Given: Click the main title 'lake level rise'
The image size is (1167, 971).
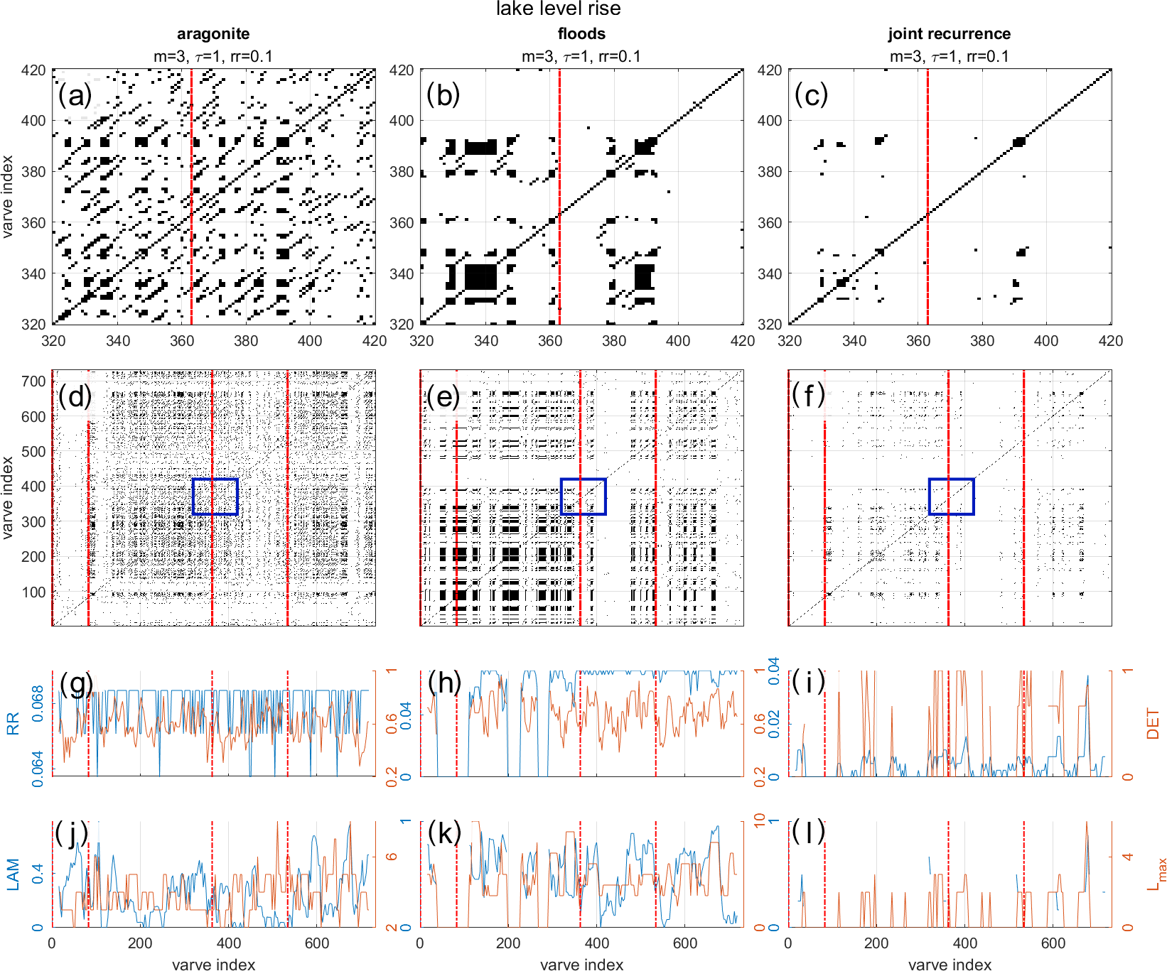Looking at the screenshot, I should coord(558,9).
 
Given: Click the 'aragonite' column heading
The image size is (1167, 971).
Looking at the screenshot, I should coord(213,34).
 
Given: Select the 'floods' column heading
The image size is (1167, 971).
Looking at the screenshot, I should coord(581,34).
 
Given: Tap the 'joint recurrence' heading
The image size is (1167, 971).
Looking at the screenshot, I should coord(949,34).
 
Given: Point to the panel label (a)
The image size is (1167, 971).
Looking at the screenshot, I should coord(75,95).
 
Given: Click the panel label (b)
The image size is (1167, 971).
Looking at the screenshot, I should coord(443,95).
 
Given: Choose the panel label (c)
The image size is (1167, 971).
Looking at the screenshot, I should coord(811,95).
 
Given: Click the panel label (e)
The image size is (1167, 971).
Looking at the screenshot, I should coord(443,396).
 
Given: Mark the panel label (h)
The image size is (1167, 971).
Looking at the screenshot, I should coord(445,683).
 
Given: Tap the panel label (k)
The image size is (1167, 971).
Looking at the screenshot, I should coord(445,832).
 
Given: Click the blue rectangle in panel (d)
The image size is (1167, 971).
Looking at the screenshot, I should coord(215,497).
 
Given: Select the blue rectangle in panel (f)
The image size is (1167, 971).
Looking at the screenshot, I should coord(951,497).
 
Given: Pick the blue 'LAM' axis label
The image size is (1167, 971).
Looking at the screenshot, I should coord(13,874).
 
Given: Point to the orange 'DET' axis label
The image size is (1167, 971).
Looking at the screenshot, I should coord(1152,724).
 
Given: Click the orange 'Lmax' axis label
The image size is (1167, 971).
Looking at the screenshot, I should coord(1155,874).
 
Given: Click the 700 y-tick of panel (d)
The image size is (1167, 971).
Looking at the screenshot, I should coord(33,381).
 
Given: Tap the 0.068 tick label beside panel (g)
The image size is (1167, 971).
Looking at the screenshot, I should coord(38,703).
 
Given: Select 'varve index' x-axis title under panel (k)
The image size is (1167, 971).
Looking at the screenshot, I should coord(581,964).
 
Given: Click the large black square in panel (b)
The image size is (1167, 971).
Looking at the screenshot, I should coord(481,276).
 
